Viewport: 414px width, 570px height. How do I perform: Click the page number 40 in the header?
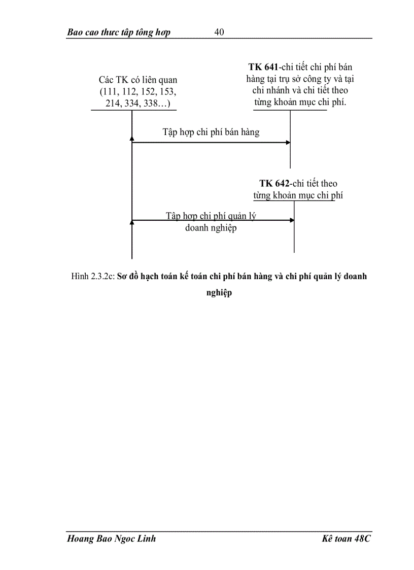(219, 32)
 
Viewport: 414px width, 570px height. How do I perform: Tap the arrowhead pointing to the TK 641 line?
(288, 143)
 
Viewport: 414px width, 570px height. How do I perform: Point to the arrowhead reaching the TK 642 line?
(292, 220)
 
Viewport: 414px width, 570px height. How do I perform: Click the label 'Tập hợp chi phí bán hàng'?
(211, 132)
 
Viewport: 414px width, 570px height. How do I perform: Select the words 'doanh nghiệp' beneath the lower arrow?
(211, 228)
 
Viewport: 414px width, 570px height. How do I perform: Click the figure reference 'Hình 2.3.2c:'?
(93, 277)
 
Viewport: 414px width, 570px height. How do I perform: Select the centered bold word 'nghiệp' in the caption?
(219, 293)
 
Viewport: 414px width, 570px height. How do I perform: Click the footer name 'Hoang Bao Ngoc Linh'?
(112, 539)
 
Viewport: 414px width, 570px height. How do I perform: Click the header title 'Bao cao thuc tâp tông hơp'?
(119, 32)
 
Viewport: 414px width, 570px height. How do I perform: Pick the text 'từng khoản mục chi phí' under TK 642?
(298, 195)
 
